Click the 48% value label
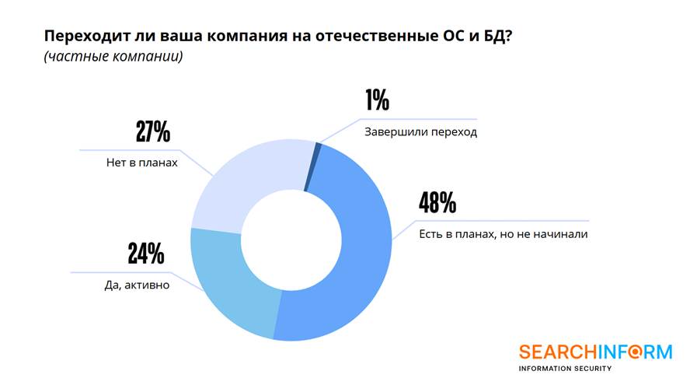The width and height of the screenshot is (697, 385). pyautogui.click(x=437, y=203)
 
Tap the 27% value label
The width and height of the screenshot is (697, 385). pyautogui.click(x=152, y=131)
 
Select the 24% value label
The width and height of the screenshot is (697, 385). pyautogui.click(x=145, y=253)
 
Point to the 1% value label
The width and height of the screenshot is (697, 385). pyautogui.click(x=376, y=100)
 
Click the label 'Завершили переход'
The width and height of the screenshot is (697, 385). pyautogui.click(x=420, y=131)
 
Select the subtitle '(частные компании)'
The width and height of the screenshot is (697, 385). pyautogui.click(x=113, y=57)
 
